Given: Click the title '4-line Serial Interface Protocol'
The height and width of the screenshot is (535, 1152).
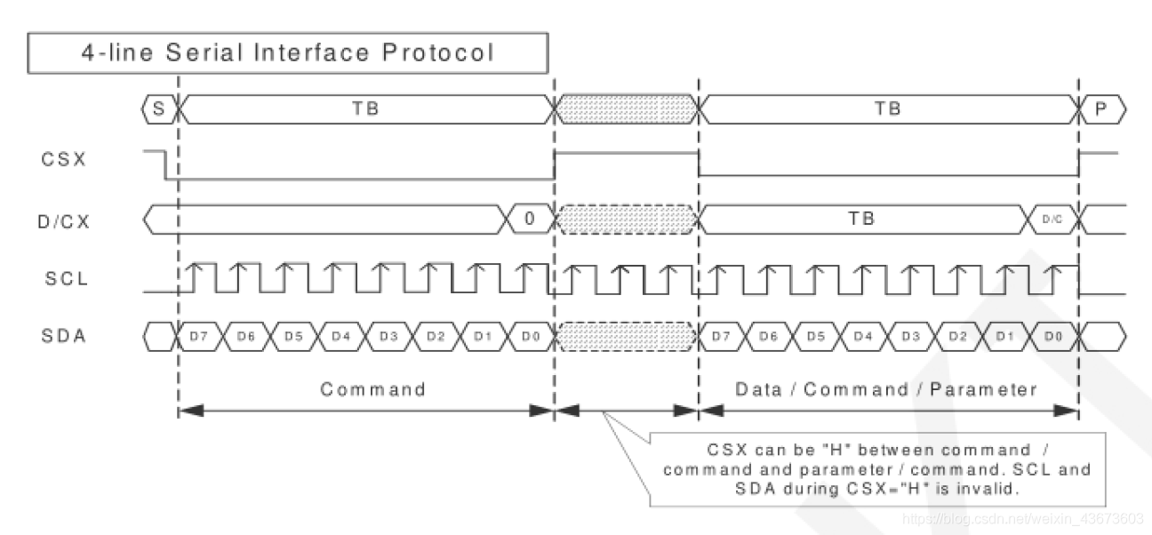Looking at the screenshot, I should pos(287,52).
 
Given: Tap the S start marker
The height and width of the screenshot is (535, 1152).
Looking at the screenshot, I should pos(159,109).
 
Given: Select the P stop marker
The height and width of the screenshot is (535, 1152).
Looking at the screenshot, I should pos(1102,109).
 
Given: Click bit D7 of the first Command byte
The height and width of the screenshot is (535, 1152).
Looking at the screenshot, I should pos(197,336).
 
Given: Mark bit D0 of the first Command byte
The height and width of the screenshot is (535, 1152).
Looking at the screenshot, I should pos(530,336).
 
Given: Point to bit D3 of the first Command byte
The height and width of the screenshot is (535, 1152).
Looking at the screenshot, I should pos(388,336).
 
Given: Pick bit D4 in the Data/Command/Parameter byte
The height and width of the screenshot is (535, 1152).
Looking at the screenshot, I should pos(861,336).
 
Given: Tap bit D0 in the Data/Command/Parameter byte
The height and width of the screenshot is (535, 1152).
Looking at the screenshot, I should pos(1053,336).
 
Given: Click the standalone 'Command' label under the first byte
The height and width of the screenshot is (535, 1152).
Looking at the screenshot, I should pos(373,389).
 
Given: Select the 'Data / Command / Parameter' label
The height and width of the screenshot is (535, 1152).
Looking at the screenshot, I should pos(886,389).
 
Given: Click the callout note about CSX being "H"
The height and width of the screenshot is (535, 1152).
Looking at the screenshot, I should pos(876,468).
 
